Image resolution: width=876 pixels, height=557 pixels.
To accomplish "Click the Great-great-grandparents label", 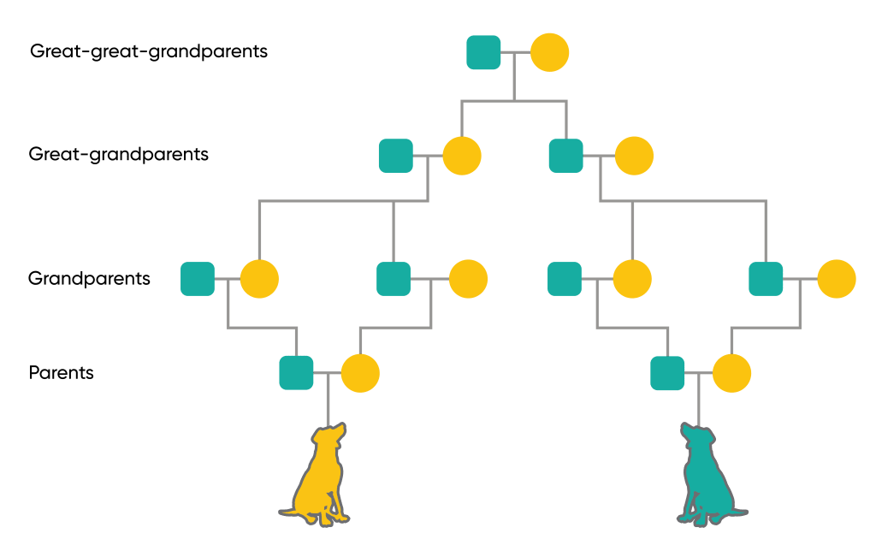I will click(149, 51).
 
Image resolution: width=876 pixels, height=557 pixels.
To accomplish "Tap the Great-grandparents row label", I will click(119, 155).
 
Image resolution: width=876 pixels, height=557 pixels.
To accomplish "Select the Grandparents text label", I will click(89, 279).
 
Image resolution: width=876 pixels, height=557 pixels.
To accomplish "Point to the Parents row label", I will click(62, 373).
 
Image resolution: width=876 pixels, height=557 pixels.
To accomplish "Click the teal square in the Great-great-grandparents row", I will click(483, 52).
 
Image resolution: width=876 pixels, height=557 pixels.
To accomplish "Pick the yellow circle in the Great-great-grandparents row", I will click(549, 52).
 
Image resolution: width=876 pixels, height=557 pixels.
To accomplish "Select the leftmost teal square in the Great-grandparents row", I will click(396, 156).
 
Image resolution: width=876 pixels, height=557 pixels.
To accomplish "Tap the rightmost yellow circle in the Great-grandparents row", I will click(634, 156).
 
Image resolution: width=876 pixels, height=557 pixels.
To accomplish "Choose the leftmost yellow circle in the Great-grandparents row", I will click(462, 156).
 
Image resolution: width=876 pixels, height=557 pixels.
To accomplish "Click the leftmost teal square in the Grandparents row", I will click(198, 279).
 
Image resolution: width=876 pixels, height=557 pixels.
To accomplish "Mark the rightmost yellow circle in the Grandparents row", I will click(836, 279).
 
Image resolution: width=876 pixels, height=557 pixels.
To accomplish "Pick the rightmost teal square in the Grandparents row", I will click(766, 279).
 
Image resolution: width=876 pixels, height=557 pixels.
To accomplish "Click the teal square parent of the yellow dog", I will click(296, 373).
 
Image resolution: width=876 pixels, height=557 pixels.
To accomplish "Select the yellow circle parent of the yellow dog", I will click(360, 373).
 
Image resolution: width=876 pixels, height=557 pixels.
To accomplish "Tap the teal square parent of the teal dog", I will click(667, 373).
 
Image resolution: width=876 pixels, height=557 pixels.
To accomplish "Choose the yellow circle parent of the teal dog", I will click(731, 373).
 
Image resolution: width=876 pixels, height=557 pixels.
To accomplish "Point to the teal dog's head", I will click(695, 436).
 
